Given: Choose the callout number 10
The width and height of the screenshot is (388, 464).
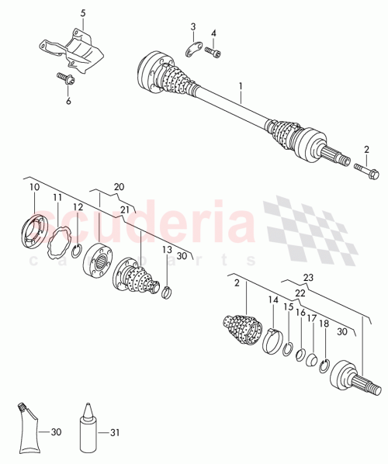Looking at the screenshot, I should pyautogui.click(x=33, y=187).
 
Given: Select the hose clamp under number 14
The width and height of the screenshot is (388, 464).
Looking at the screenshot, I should pyautogui.click(x=272, y=340).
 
